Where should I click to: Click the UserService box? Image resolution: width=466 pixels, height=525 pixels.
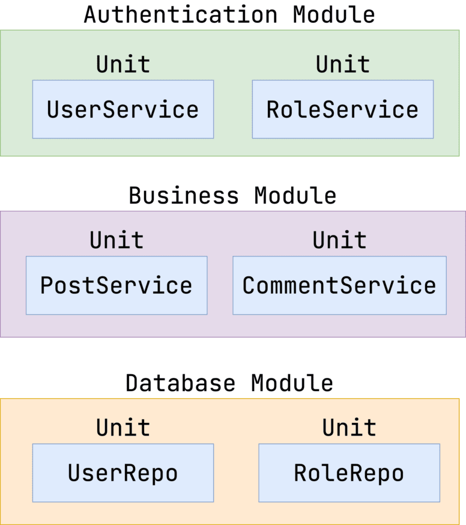(x=123, y=109)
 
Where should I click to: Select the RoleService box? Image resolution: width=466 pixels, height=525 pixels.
(x=342, y=109)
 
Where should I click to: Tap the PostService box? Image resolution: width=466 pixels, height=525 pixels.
(x=116, y=285)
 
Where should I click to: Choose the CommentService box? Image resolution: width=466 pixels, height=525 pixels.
(x=339, y=285)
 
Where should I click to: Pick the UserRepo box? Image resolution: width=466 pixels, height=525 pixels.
(x=123, y=473)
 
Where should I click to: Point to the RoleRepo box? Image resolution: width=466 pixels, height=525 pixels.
(x=349, y=473)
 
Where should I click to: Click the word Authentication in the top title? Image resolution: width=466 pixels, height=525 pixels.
(x=181, y=14)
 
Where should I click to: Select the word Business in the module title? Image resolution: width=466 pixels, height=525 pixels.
(x=184, y=196)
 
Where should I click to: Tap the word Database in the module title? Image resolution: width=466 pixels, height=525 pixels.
(x=180, y=383)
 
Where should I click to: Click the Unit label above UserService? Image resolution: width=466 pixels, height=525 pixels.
(x=123, y=64)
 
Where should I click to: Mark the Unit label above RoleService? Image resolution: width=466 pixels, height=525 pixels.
(x=343, y=64)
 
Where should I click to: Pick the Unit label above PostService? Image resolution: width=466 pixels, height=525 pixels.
(x=116, y=240)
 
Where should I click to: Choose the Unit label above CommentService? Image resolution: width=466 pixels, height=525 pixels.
(x=339, y=240)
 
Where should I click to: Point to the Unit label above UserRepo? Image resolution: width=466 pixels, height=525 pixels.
(x=123, y=428)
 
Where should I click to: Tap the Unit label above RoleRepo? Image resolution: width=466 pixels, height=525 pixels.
(x=349, y=428)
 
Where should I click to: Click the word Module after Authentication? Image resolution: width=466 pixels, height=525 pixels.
(x=334, y=14)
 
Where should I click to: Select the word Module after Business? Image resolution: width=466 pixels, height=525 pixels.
(x=295, y=196)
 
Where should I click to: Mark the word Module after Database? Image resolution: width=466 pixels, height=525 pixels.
(x=292, y=383)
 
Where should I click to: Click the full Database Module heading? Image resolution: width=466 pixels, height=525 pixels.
(x=229, y=383)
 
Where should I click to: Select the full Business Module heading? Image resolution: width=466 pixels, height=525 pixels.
(x=232, y=196)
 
